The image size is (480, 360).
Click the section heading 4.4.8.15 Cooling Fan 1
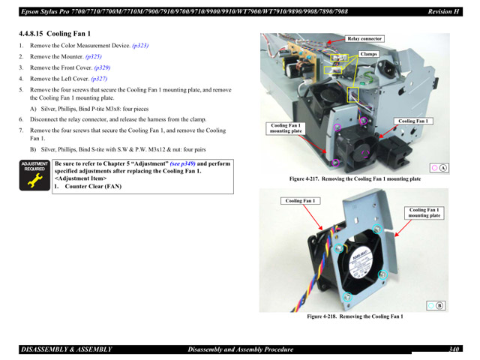point(55,34)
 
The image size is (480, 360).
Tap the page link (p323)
point(140,46)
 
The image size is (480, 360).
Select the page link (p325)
point(94,56)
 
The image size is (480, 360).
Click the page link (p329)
point(102,67)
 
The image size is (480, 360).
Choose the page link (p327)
point(99,79)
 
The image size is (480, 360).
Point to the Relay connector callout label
point(365,38)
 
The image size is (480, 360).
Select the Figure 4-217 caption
point(355,179)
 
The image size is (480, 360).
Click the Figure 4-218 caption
point(355,316)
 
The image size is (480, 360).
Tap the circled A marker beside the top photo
point(443,166)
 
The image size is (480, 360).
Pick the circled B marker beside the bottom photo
point(440,304)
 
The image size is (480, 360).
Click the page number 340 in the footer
point(454,349)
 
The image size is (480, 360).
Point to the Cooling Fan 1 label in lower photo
point(301,200)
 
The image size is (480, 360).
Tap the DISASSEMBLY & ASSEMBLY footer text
point(67,349)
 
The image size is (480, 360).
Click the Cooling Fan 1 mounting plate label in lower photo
point(424,213)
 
